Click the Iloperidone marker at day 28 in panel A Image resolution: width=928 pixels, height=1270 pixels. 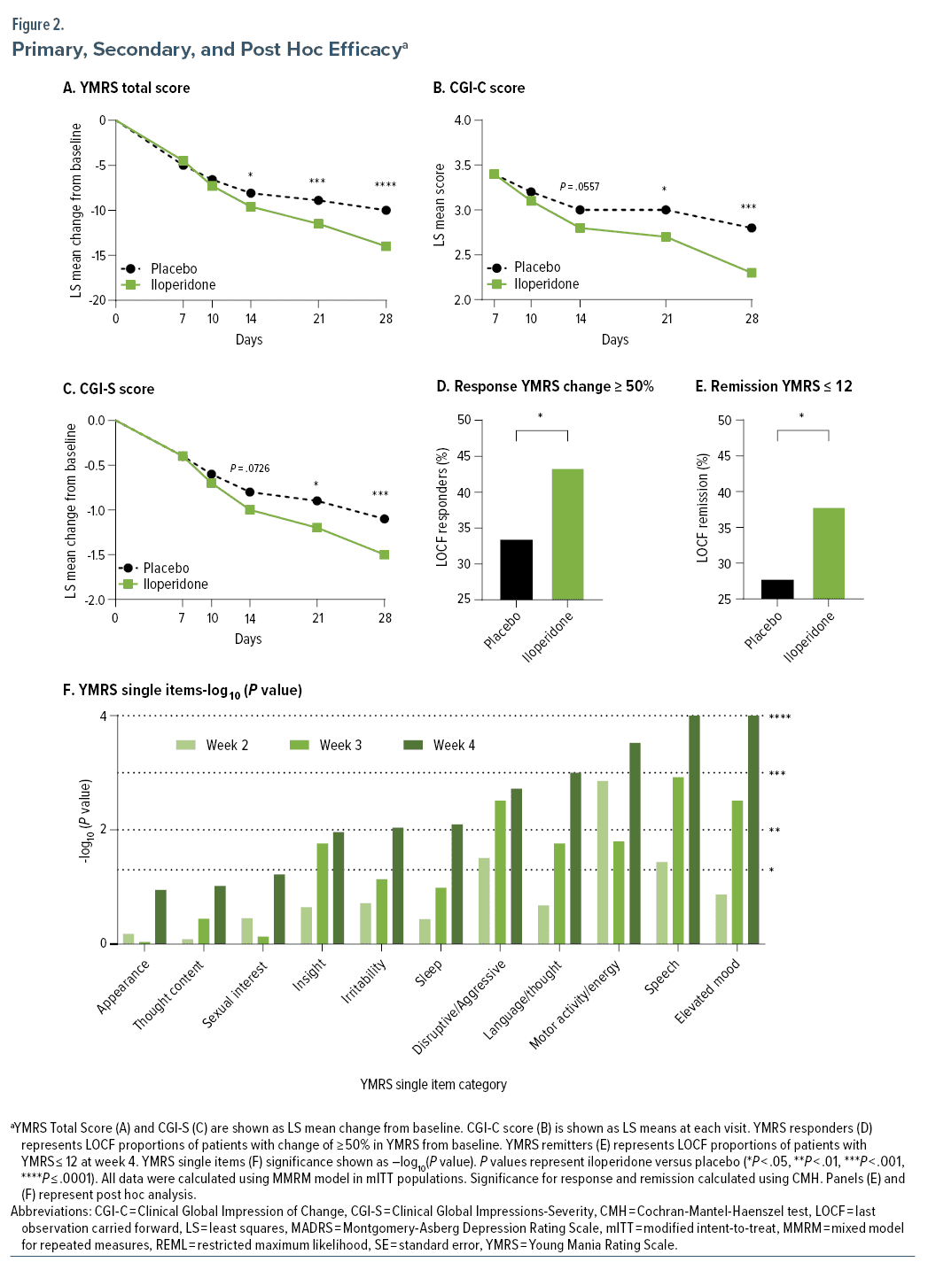point(386,246)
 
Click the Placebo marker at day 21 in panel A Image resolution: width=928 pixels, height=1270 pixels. point(318,200)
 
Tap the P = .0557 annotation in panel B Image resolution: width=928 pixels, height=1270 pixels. point(580,187)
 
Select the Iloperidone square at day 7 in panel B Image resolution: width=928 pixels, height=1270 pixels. point(495,174)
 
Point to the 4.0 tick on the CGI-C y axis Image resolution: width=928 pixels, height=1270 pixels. point(462,120)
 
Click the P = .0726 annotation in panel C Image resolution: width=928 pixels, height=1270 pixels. point(250,469)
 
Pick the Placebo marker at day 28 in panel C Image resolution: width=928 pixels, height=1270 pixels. point(384,519)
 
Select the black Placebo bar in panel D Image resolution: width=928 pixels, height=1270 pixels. point(516,569)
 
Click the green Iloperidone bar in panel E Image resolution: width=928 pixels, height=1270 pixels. point(829,554)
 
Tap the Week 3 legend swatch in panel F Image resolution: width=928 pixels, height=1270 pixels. point(299,745)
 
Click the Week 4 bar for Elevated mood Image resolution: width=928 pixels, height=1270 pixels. point(753,829)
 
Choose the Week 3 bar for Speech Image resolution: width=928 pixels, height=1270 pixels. point(678,860)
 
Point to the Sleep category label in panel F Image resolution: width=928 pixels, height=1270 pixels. point(429,972)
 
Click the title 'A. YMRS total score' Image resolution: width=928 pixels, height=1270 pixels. point(126,88)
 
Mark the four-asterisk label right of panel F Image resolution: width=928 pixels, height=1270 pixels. point(780,717)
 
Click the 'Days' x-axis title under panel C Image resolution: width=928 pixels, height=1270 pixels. point(248,639)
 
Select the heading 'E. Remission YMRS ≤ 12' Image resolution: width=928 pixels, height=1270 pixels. point(774,386)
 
